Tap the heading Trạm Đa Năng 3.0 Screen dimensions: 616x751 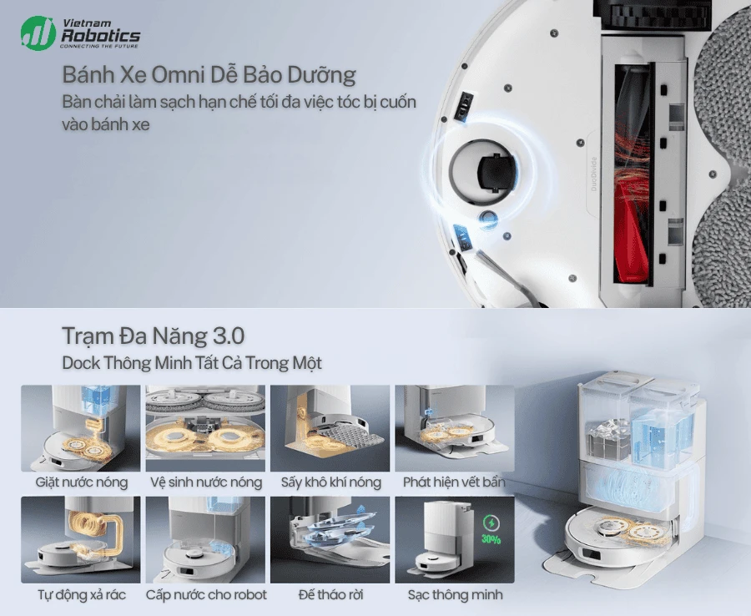pyautogui.click(x=153, y=336)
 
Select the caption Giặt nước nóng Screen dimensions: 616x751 pyautogui.click(x=81, y=482)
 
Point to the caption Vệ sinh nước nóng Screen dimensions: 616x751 pyautogui.click(x=205, y=482)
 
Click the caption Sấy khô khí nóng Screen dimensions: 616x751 pyautogui.click(x=330, y=482)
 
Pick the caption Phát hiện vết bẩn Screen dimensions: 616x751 pyautogui.click(x=454, y=482)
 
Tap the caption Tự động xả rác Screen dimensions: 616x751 pyautogui.click(x=81, y=595)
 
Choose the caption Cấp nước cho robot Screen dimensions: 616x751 pyautogui.click(x=206, y=595)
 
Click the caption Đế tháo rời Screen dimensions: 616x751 pyautogui.click(x=330, y=595)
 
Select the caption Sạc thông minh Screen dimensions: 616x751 pyautogui.click(x=455, y=595)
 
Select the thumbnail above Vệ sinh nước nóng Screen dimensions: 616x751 pyautogui.click(x=205, y=428)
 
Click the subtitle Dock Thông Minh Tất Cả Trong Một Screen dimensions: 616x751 pyautogui.click(x=192, y=364)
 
